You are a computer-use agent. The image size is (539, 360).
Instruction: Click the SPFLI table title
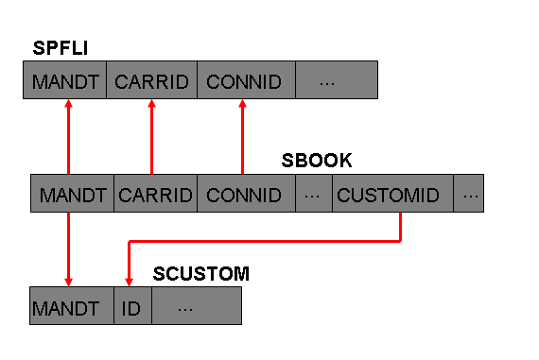(61, 48)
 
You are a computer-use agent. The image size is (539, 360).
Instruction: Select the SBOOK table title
(317, 161)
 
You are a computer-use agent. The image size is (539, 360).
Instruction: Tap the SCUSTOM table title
(201, 274)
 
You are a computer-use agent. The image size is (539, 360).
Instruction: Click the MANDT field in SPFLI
(65, 80)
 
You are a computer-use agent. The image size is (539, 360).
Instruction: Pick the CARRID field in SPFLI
(152, 80)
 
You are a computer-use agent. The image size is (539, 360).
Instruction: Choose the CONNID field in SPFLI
(247, 80)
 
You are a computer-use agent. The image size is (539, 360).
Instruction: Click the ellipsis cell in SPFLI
(337, 80)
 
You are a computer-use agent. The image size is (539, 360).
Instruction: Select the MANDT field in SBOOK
(73, 194)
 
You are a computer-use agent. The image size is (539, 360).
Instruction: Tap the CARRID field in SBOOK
(156, 194)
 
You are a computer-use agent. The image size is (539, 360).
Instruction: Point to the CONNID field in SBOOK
(247, 194)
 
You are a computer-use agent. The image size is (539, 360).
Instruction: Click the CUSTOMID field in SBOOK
(393, 194)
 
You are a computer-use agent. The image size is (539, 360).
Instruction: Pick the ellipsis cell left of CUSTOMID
(314, 194)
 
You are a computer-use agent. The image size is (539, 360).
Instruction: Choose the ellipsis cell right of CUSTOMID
(468, 194)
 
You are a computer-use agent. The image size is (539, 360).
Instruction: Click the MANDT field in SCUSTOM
(72, 306)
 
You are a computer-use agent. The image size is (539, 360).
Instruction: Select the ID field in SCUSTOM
(133, 306)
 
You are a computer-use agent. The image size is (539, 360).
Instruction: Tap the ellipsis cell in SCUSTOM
(197, 306)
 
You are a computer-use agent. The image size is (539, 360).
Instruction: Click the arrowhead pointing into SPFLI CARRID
(152, 103)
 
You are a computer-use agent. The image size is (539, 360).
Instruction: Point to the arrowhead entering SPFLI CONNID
(243, 103)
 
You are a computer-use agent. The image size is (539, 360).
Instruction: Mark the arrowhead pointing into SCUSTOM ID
(129, 283)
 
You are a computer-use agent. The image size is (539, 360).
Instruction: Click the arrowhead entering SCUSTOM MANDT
(69, 283)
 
